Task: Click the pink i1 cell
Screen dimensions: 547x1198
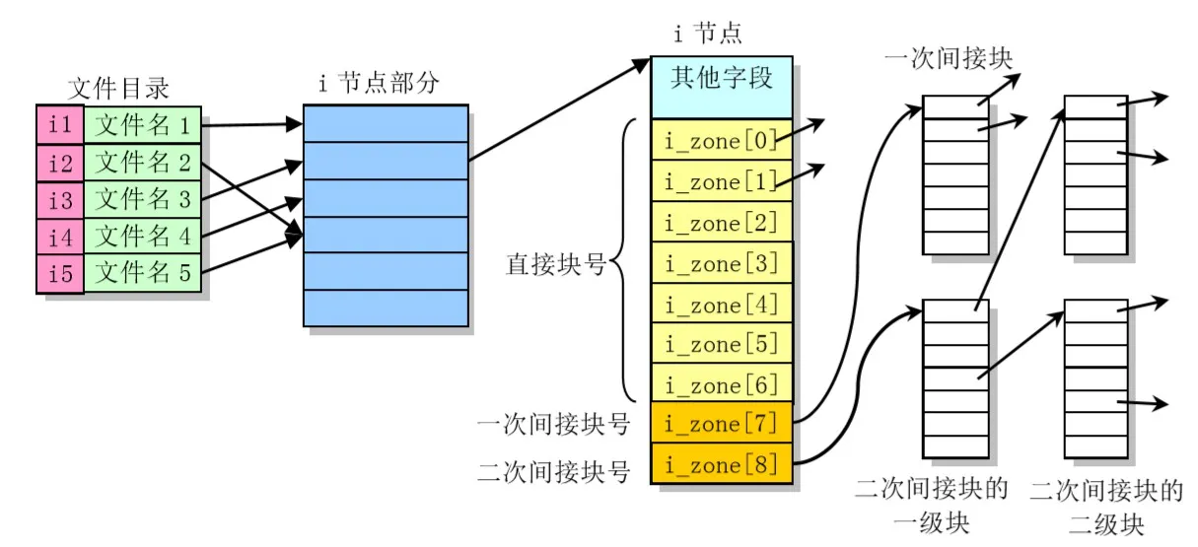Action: [x=60, y=125]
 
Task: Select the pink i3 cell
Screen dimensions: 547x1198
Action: [x=60, y=200]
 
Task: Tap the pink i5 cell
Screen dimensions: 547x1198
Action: [x=60, y=274]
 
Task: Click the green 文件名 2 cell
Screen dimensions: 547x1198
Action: [x=142, y=163]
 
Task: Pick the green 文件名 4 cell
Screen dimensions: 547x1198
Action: [x=142, y=237]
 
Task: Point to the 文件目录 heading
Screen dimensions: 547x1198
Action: [x=118, y=89]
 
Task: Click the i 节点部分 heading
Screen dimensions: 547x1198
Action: [x=379, y=84]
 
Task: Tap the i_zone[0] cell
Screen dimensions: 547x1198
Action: [x=722, y=141]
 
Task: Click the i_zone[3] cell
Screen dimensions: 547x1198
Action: [x=722, y=263]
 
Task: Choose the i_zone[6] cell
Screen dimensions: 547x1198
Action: [x=722, y=384]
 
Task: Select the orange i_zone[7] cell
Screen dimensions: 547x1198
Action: [x=722, y=425]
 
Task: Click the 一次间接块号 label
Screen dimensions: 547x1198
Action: [x=553, y=426]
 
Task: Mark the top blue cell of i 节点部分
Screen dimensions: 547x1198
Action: [x=386, y=124]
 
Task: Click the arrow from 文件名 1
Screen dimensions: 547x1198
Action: [x=251, y=125]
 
